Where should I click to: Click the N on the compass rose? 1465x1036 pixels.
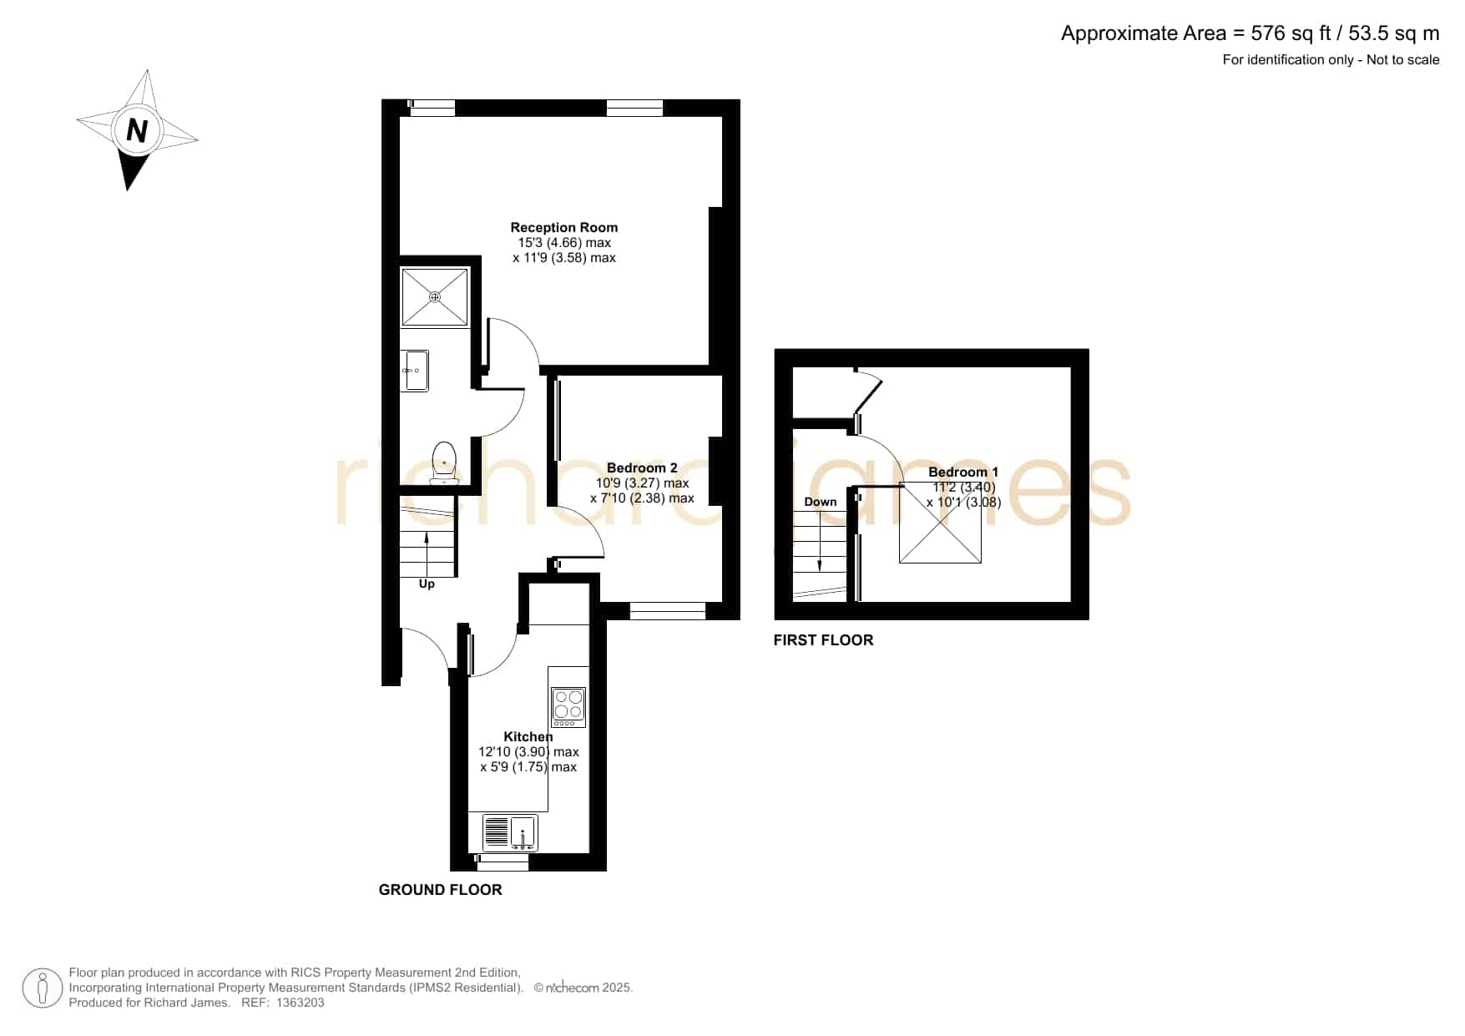pos(137,131)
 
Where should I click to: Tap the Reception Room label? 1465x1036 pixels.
pos(564,227)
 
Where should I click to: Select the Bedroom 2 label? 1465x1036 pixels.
pos(642,467)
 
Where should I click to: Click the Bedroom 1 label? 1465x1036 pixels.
pos(963,472)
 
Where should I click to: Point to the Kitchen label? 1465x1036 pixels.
pos(528,736)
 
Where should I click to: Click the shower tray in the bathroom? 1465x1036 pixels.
pos(435,296)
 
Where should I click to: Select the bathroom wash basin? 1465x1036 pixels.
pos(415,371)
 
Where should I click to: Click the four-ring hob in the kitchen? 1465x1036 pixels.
pos(568,707)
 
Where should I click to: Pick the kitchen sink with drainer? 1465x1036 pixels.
pos(510,832)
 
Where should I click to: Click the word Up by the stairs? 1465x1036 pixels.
pos(427,584)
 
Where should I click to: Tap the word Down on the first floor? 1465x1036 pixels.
pos(821,502)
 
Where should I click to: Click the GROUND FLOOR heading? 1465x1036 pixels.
pos(441,890)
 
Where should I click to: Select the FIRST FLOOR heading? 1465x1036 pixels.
pos(823,640)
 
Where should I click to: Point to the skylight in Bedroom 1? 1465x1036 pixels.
pos(940,524)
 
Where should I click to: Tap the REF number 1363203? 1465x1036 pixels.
pos(300,1003)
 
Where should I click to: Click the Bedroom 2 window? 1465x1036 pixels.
pos(668,611)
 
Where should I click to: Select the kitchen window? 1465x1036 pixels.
pos(503,862)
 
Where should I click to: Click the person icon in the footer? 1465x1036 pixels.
pos(43,988)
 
